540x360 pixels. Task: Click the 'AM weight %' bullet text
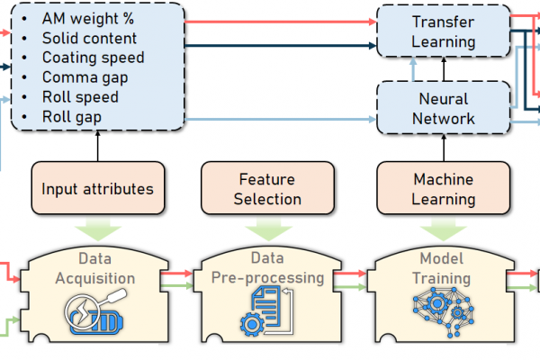coord(88,18)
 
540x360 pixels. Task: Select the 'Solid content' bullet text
coord(89,38)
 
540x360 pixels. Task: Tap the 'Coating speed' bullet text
coord(93,58)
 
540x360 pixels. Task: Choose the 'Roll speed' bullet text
coord(80,97)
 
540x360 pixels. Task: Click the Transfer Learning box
coord(443,31)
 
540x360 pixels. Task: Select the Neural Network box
coord(443,108)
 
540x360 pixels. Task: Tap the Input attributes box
coord(97,189)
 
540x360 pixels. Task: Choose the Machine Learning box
coord(443,189)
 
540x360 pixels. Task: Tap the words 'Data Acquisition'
coord(94,268)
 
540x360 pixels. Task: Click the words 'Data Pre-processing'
coord(267,268)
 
